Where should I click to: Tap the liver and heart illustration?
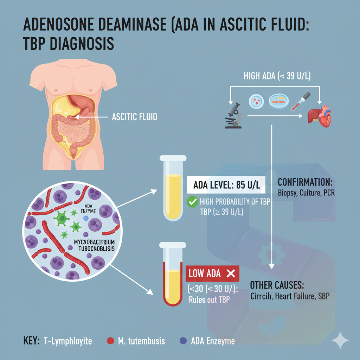pos(319,116)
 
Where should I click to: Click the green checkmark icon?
pos(192,202)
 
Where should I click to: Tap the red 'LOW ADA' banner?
pos(212,274)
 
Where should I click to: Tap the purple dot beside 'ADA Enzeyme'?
pos(182,341)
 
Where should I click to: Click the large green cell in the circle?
pos(62,219)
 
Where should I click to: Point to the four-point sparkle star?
pos(340,340)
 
